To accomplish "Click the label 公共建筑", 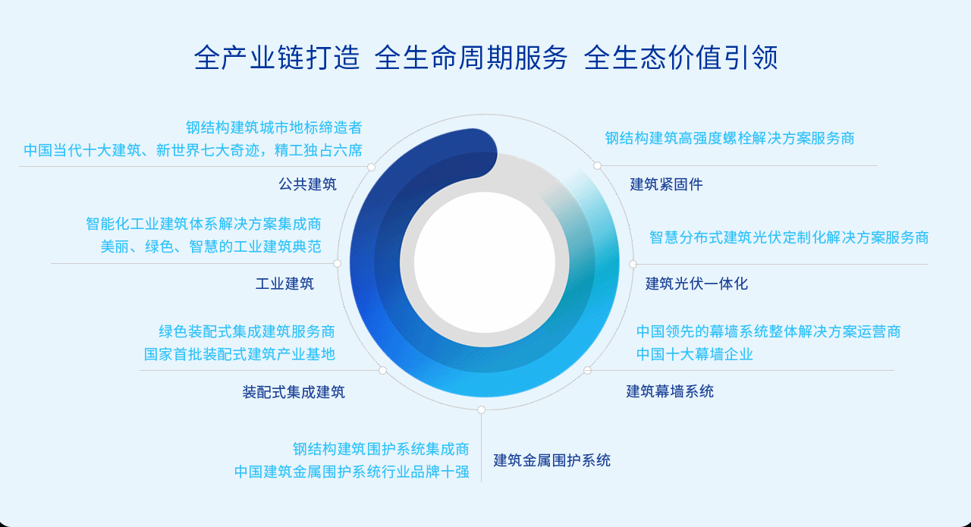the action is coord(307,184).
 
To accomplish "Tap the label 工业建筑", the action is coord(284,284).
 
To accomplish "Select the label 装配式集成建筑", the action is coord(294,392).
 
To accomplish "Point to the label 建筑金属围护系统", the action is coord(551,460).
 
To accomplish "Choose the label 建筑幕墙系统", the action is coord(670,391).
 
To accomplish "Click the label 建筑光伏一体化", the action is coord(696,284).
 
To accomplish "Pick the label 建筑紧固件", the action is coord(666,184).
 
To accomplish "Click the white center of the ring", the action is coord(485,262).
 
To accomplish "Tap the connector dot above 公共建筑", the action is coord(371,167).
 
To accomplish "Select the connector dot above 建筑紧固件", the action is coord(597,165).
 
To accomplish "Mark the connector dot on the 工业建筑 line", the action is coord(338,263).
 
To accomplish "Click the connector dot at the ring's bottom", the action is coord(481,409).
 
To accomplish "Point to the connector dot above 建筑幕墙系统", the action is coord(587,370).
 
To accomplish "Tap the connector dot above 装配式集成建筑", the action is coord(382,370).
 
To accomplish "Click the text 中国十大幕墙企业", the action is coord(694,354).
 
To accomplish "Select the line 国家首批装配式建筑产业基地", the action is coord(239,354).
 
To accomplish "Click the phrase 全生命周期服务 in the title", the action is coord(471,58).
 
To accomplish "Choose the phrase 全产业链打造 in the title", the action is coord(277,58).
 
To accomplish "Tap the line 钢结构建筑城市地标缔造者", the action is coord(274,127).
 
